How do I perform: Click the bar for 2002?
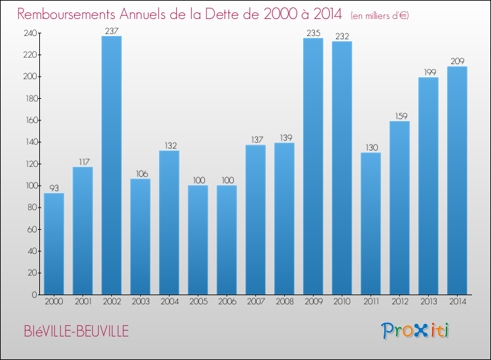pyautogui.click(x=111, y=165)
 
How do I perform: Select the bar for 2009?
pyautogui.click(x=313, y=166)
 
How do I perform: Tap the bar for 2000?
pyautogui.click(x=54, y=243)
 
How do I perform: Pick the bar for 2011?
pyautogui.click(x=371, y=223)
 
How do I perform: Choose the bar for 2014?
pyautogui.click(x=457, y=180)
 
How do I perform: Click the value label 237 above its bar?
pyautogui.click(x=111, y=30)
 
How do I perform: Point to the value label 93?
pyautogui.click(x=54, y=187)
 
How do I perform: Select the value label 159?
pyautogui.click(x=399, y=116)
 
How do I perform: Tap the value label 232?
pyautogui.click(x=342, y=36)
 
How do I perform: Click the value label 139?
pyautogui.click(x=284, y=137)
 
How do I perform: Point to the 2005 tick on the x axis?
pyautogui.click(x=198, y=302)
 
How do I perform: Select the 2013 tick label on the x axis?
pyautogui.click(x=428, y=302)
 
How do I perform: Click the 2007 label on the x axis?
pyautogui.click(x=255, y=302)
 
